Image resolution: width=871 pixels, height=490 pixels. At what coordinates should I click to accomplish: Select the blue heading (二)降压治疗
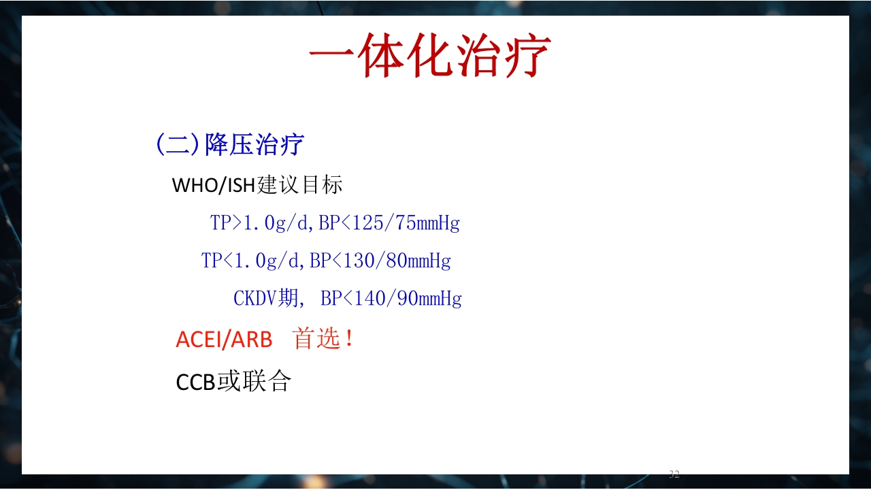(230, 145)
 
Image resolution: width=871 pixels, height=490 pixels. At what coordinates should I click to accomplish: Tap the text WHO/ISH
(214, 185)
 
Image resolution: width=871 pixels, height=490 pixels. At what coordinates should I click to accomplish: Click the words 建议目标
(300, 185)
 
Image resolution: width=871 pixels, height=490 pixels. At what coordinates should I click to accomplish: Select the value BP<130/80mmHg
(380, 261)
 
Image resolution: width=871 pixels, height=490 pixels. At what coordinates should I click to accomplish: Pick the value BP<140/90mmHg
(391, 299)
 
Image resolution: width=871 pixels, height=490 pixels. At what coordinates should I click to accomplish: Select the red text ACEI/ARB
(224, 339)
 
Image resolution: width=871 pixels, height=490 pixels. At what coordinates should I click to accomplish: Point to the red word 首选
(316, 338)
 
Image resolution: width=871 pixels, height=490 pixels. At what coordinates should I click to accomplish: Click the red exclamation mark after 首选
(350, 338)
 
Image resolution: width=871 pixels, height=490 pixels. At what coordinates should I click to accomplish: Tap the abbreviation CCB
(196, 382)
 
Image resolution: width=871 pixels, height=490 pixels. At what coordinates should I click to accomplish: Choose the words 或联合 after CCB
(254, 382)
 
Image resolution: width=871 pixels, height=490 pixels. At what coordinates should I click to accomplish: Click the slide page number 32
(674, 474)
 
